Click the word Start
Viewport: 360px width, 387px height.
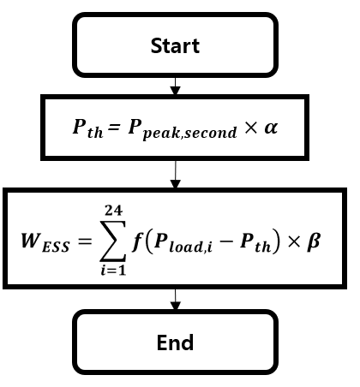pyautogui.click(x=175, y=45)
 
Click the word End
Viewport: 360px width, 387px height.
pyautogui.click(x=175, y=342)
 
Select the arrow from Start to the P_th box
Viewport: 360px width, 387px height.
pyautogui.click(x=175, y=86)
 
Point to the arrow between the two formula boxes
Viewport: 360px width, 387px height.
pyautogui.click(x=175, y=174)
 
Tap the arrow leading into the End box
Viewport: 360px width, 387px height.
pyautogui.click(x=175, y=300)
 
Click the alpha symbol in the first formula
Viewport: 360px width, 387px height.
pyautogui.click(x=271, y=128)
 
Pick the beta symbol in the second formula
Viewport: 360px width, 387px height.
pyautogui.click(x=314, y=241)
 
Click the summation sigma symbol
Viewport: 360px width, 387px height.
pyautogui.click(x=112, y=241)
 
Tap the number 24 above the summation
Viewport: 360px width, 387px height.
pyautogui.click(x=113, y=211)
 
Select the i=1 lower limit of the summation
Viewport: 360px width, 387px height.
pyautogui.click(x=113, y=270)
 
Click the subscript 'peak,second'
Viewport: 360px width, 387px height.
pyautogui.click(x=189, y=133)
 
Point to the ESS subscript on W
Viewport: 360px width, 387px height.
pyautogui.click(x=56, y=247)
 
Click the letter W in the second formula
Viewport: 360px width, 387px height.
pyautogui.click(x=30, y=241)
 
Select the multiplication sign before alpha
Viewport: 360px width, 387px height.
pyautogui.click(x=251, y=128)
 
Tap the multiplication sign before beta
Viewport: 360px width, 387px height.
pyautogui.click(x=294, y=242)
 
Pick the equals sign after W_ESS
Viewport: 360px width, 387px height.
pyautogui.click(x=85, y=241)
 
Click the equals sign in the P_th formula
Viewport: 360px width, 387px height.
pyautogui.click(x=114, y=127)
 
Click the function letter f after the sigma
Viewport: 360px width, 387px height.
pyautogui.click(x=137, y=241)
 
